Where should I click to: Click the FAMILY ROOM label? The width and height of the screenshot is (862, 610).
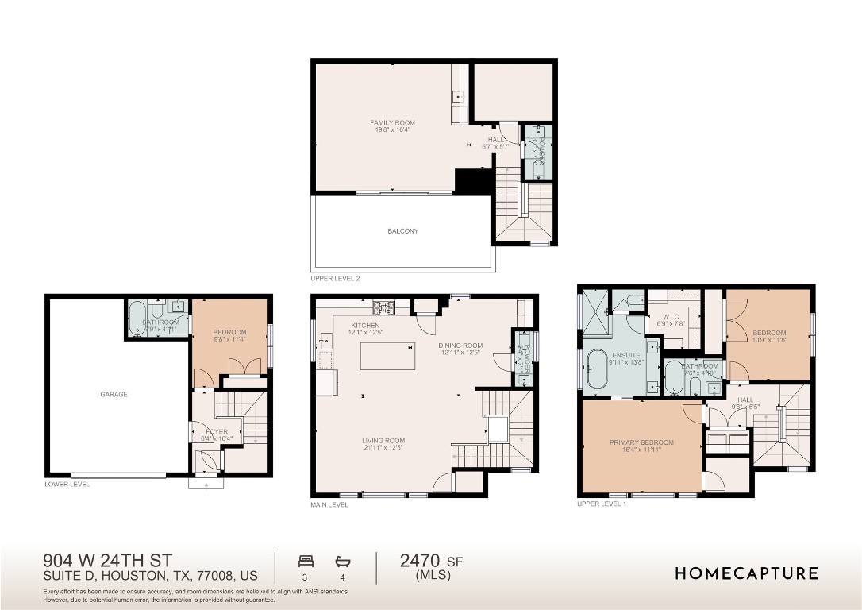pyautogui.click(x=392, y=123)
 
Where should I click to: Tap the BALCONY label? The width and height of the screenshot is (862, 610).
pyautogui.click(x=402, y=231)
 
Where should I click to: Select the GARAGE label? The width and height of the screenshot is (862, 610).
pyautogui.click(x=114, y=394)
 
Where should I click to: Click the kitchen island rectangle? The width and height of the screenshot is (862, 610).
pyautogui.click(x=387, y=357)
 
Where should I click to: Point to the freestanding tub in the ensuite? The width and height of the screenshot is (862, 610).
pyautogui.click(x=595, y=371)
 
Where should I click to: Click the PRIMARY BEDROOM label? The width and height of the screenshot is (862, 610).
pyautogui.click(x=641, y=442)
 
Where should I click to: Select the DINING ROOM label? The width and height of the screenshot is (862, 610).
pyautogui.click(x=460, y=346)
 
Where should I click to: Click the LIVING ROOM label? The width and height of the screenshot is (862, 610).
pyautogui.click(x=383, y=441)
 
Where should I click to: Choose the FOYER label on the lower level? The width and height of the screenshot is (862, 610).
pyautogui.click(x=217, y=432)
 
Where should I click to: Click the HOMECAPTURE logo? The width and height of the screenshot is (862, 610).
pyautogui.click(x=746, y=573)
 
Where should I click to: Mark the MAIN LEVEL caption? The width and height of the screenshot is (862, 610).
pyautogui.click(x=329, y=504)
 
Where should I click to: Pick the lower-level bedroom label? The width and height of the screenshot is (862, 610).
pyautogui.click(x=229, y=332)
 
